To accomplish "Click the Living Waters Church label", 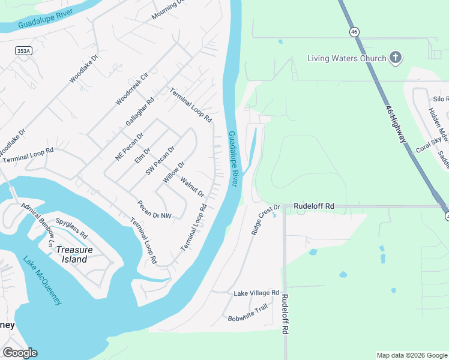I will click(347, 58).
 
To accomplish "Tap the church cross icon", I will click(395, 58).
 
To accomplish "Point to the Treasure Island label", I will click(72, 254).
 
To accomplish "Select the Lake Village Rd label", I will click(256, 293).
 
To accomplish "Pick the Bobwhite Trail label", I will click(247, 313).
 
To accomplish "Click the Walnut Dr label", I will click(193, 187).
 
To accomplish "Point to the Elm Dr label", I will click(142, 155).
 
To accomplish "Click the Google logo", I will click(20, 353).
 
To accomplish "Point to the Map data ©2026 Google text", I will click(412, 355).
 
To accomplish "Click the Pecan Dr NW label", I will click(153, 210).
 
